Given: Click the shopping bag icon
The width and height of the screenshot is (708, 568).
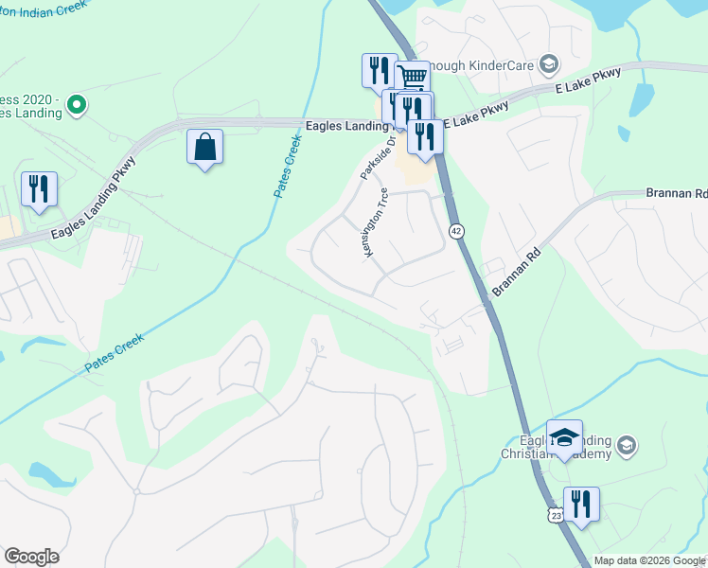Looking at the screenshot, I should pos(204,148).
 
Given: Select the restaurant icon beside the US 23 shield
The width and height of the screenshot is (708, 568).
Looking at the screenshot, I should pos(581,505).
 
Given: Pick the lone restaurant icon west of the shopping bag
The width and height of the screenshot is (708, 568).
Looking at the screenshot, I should pos(39,188).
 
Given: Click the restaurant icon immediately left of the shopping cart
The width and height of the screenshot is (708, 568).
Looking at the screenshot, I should pos(379,69).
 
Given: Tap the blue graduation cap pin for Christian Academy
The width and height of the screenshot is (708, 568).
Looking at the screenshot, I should pos(565,437).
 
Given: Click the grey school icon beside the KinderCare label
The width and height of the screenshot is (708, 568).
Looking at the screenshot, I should pos(548,64).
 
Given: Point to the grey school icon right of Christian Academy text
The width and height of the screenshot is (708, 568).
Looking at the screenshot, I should pos(627,445).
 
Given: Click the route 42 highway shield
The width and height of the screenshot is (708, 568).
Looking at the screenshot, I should pos(456,231).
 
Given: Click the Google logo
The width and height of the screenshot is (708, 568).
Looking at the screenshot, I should pos(31,557).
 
